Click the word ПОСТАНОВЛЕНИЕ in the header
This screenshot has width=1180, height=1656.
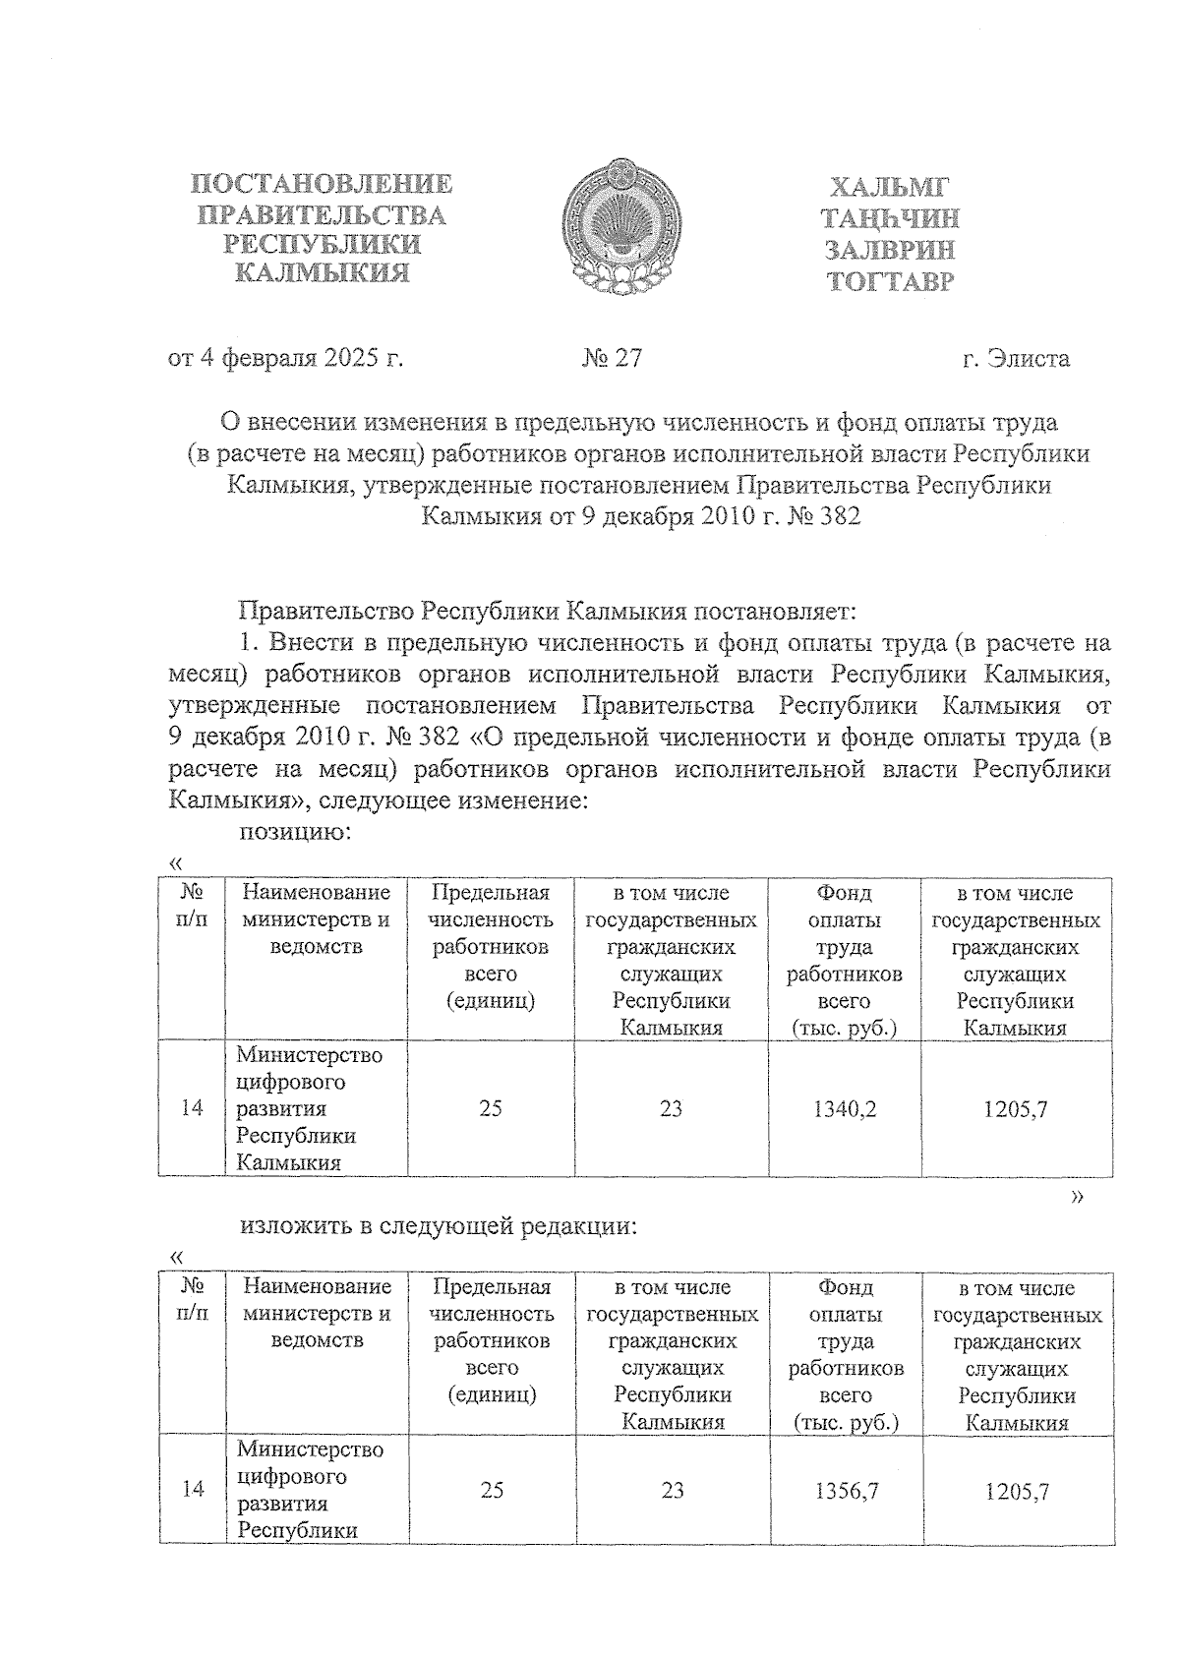click(322, 184)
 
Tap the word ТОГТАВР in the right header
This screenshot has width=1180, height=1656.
click(891, 282)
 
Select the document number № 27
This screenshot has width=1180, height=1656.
click(611, 358)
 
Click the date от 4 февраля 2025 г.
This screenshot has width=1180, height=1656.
click(286, 358)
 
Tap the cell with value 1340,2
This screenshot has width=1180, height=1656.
click(845, 1109)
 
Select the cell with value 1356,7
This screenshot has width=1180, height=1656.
click(846, 1491)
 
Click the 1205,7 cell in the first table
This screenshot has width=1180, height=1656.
click(1016, 1109)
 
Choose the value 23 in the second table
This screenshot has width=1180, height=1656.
click(673, 1491)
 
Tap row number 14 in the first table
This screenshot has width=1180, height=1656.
click(192, 1108)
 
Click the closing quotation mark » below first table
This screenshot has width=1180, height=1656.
click(1078, 1196)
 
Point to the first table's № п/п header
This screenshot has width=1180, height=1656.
click(193, 906)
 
